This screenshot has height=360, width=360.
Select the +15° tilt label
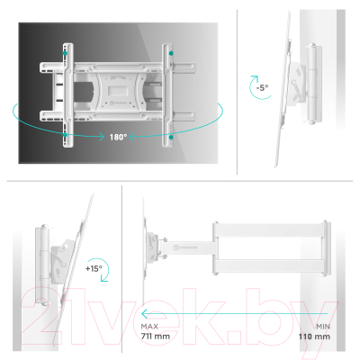[93, 269]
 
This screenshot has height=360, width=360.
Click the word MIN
[321, 327]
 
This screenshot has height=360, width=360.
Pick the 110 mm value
[316, 337]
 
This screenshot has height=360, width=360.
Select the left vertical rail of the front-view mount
[63, 94]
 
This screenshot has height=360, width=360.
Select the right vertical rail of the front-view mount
[167, 94]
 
